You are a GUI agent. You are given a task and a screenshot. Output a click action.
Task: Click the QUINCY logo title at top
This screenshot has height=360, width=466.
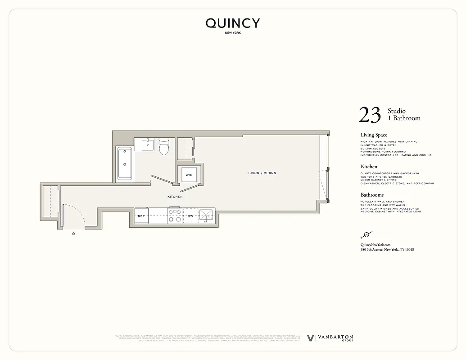(x=233, y=23)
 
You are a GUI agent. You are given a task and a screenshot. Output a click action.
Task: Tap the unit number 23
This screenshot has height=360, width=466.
(x=370, y=115)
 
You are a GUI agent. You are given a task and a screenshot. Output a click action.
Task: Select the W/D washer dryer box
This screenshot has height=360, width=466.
(x=189, y=175)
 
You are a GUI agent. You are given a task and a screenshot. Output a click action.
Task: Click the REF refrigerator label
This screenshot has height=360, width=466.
(x=141, y=216)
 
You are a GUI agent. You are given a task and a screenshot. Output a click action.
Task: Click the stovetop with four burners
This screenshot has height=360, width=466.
(x=174, y=216)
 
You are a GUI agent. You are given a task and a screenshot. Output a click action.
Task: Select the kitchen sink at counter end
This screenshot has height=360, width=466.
(x=207, y=216)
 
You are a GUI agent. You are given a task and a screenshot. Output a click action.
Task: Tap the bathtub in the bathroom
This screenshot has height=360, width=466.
(x=125, y=164)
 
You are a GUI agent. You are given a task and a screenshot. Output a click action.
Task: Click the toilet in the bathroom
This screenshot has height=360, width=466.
(x=164, y=146)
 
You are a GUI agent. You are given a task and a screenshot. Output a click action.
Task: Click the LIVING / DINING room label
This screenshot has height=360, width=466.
(x=262, y=173)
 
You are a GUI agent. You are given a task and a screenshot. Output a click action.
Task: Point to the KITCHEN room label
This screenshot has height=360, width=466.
(x=175, y=197)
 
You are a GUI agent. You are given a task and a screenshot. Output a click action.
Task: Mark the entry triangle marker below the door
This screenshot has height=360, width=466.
(x=73, y=234)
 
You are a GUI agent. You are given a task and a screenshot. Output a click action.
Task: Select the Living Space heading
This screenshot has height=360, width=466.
(x=374, y=135)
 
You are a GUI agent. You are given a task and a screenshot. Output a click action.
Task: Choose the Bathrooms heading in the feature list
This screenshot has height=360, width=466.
(x=372, y=195)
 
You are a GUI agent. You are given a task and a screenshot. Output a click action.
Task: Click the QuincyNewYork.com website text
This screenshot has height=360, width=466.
(x=375, y=244)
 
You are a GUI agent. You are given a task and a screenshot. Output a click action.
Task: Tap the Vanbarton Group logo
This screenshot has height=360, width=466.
(x=330, y=338)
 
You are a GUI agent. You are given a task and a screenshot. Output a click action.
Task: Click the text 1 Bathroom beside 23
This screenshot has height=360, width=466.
(x=404, y=118)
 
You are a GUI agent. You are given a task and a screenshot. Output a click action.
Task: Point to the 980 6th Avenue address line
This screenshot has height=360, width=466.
(x=387, y=250)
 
